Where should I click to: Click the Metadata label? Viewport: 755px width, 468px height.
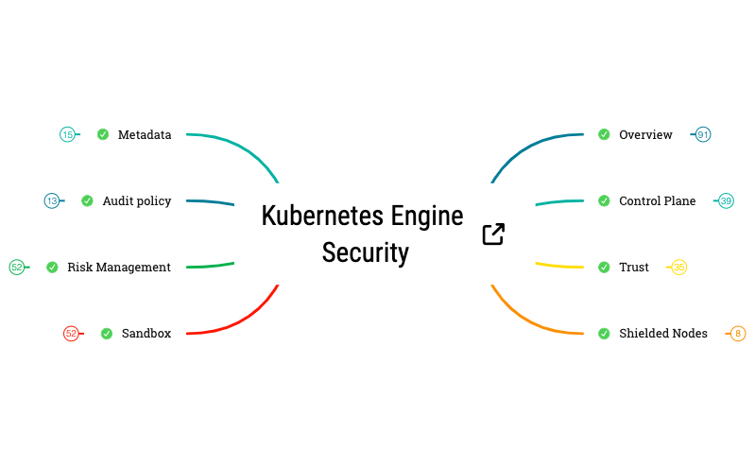click(144, 135)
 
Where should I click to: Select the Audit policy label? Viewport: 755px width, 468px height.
click(136, 200)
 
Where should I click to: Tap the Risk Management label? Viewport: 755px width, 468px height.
click(119, 268)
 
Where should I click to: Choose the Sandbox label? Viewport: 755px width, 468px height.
click(146, 334)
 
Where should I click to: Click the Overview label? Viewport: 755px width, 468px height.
click(645, 135)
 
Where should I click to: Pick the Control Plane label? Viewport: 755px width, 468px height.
click(657, 201)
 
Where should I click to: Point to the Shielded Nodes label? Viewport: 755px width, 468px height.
click(662, 334)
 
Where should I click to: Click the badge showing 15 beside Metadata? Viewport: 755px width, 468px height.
click(67, 135)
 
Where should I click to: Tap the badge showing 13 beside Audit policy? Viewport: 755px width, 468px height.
click(52, 200)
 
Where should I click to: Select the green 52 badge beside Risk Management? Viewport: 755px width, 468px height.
click(17, 268)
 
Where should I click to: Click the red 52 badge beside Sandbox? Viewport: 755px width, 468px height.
click(71, 334)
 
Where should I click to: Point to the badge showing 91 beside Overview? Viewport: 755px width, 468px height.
click(703, 135)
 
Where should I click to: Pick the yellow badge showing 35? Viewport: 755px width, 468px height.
click(678, 268)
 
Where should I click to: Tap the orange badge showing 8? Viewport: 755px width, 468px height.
click(738, 334)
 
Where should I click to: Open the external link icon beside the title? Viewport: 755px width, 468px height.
click(493, 234)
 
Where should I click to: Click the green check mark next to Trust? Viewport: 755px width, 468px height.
click(604, 268)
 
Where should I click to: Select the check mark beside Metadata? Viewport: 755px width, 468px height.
click(103, 135)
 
